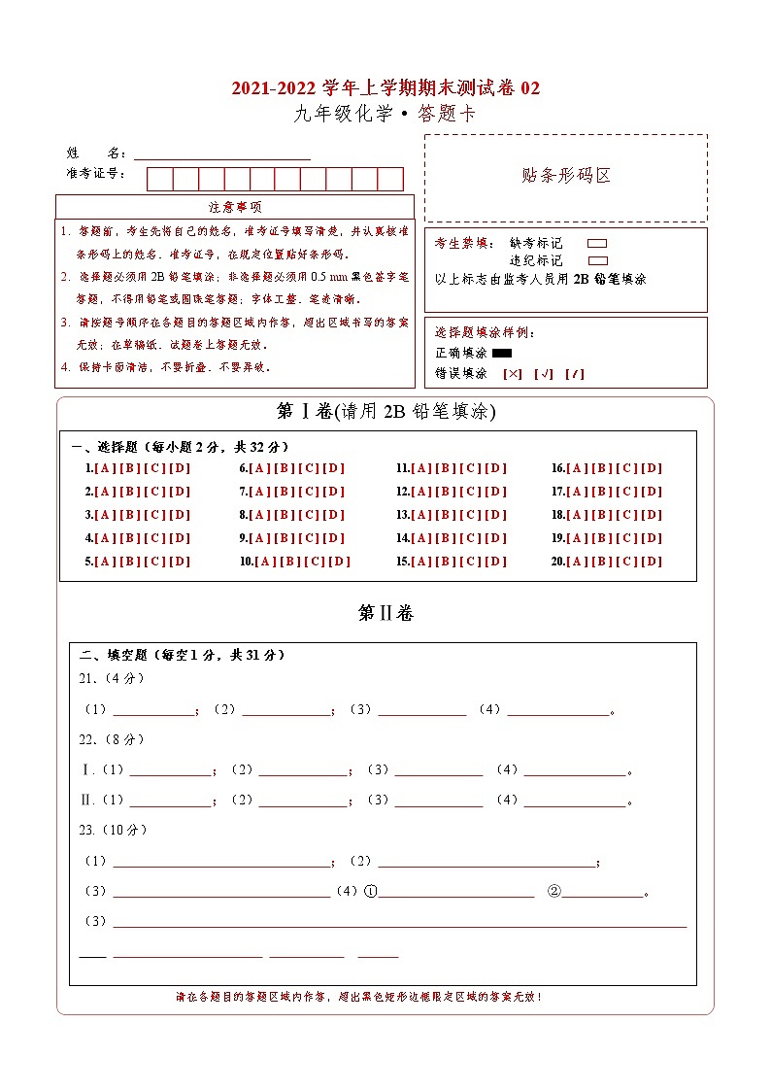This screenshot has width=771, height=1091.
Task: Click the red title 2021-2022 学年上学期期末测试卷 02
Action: (x=385, y=88)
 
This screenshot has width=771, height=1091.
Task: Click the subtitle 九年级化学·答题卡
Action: (x=385, y=114)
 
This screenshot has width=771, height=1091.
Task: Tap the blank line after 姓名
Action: (x=222, y=153)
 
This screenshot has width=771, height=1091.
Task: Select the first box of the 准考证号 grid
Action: (x=159, y=179)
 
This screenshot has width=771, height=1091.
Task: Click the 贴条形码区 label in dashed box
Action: (x=566, y=176)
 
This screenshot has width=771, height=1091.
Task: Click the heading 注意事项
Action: (x=234, y=207)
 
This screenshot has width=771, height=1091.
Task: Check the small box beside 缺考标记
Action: (x=598, y=244)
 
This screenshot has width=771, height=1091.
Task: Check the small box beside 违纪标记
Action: (x=598, y=260)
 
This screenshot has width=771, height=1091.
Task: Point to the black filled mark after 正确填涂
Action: (x=502, y=354)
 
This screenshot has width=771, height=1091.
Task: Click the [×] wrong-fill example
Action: (x=513, y=374)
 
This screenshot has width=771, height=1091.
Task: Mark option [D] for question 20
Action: (x=653, y=562)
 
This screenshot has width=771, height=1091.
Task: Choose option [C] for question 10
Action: (x=314, y=562)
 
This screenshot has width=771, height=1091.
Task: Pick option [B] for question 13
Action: (x=447, y=515)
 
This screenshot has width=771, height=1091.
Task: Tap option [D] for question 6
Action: (x=334, y=468)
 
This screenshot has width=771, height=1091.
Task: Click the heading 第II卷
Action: (x=385, y=613)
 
